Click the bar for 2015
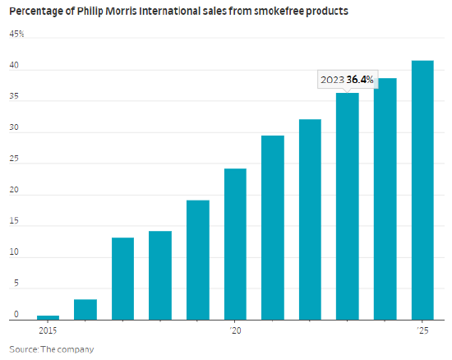pos(48,317)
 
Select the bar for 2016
pos(85,310)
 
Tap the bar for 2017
pos(122,279)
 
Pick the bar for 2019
pos(198,260)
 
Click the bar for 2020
pos(235,244)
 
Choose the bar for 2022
pos(310,219)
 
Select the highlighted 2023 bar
pos(348,206)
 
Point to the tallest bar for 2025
pos(422,190)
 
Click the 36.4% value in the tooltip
pos(360,80)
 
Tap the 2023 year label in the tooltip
pos(332,80)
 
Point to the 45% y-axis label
pos(16,34)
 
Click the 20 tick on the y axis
pos(14,190)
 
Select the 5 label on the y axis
pos(16,283)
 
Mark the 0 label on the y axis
pos(16,314)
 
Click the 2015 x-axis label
pos(48,330)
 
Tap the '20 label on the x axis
pos(236,330)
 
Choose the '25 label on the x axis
pos(423,330)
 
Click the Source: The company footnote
pos(52,349)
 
